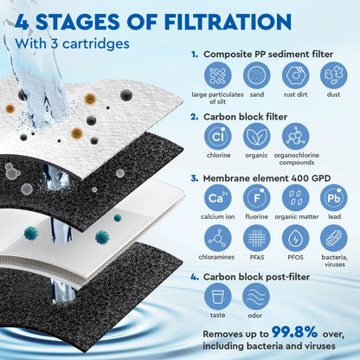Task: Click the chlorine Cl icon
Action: point(218,137)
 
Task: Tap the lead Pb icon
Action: point(333,197)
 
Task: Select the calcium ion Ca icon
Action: point(218,197)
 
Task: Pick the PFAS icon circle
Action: point(257,238)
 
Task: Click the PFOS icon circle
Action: point(295,238)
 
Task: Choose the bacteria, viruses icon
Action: point(333,238)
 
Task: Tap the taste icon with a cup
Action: point(218,298)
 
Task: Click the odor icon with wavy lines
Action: point(257,298)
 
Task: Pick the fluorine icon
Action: point(257,197)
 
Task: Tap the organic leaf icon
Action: point(257,137)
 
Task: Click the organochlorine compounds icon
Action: point(295,137)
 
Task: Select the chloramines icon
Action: point(218,238)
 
